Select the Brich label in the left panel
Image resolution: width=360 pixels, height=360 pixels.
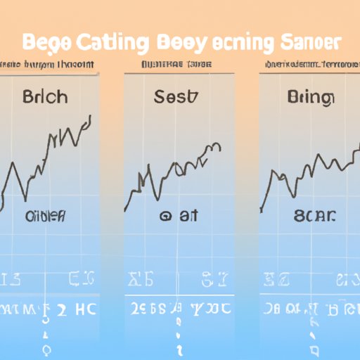coord(45,96)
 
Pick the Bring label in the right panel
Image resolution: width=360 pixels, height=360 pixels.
coord(310,96)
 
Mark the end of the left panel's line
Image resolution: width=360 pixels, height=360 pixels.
coord(91,117)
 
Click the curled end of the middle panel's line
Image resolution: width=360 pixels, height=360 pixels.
coord(219,147)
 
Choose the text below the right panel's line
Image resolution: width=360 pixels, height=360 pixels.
coord(310,217)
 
